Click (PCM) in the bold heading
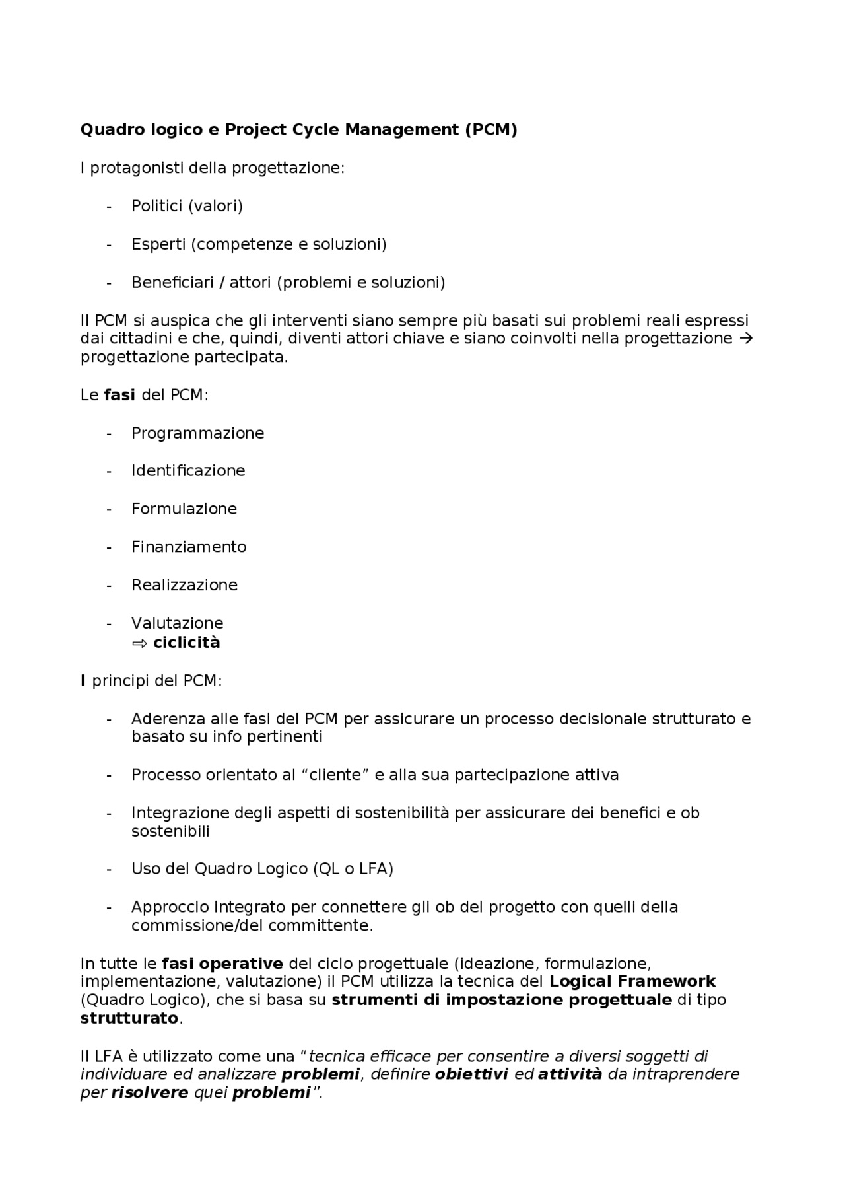pyautogui.click(x=490, y=129)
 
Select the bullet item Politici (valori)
pyautogui.click(x=187, y=206)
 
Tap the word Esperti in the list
pyautogui.click(x=158, y=244)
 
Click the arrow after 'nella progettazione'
pyautogui.click(x=746, y=339)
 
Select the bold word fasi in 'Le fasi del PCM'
pyautogui.click(x=119, y=395)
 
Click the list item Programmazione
pyautogui.click(x=197, y=433)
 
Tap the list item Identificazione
pyautogui.click(x=188, y=471)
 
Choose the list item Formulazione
pyautogui.click(x=184, y=509)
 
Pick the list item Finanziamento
pyautogui.click(x=189, y=547)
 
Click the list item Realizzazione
pyautogui.click(x=184, y=585)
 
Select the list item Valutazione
pyautogui.click(x=177, y=623)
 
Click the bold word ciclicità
pyautogui.click(x=187, y=643)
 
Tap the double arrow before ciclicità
pyautogui.click(x=139, y=643)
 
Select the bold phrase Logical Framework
pyautogui.click(x=632, y=981)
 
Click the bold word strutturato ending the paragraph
pyautogui.click(x=129, y=1018)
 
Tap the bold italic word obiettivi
pyautogui.click(x=471, y=1074)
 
